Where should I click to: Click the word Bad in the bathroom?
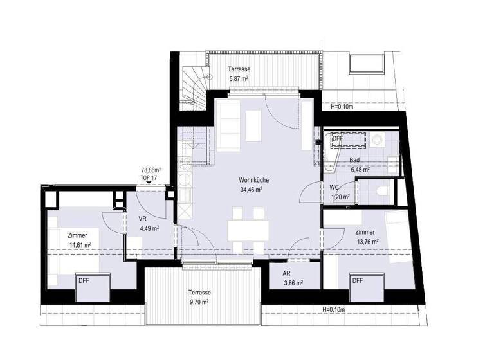click(x=354, y=159)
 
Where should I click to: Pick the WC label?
click(x=334, y=187)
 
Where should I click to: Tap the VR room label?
click(x=143, y=218)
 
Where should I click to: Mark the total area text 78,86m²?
click(x=151, y=171)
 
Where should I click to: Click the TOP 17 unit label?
click(x=150, y=177)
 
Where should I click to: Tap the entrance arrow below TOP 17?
click(x=150, y=184)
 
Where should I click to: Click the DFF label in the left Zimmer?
click(x=84, y=281)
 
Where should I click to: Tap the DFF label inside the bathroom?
click(x=337, y=138)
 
